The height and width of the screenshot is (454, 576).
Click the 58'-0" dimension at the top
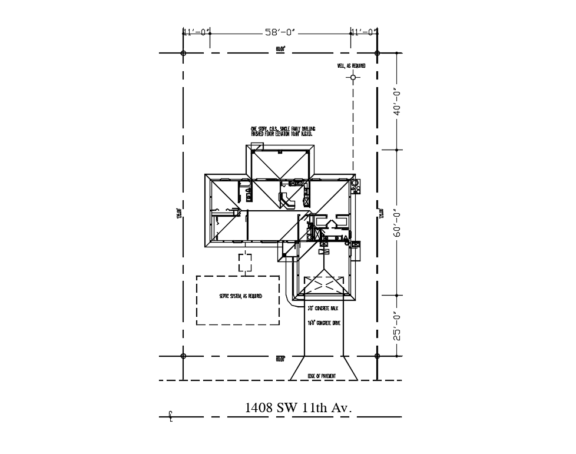click(280, 32)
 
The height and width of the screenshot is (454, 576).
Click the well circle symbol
click(353, 77)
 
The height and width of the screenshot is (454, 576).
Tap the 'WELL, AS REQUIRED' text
click(351, 66)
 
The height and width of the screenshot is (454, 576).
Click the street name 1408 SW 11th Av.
click(298, 407)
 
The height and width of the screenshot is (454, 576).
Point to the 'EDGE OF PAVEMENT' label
click(322, 376)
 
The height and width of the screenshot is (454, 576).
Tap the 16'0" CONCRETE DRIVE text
click(323, 323)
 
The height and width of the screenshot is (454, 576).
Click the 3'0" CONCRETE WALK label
click(323, 308)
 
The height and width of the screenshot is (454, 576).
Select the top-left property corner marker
click(183, 53)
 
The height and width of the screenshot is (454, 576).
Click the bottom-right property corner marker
click(377, 356)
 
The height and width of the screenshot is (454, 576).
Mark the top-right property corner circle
click(377, 53)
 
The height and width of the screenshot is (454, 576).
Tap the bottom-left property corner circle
click(183, 356)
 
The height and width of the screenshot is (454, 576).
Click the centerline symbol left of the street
click(170, 416)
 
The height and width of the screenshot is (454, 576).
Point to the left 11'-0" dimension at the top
click(196, 32)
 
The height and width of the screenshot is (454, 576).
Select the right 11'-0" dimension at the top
click(364, 32)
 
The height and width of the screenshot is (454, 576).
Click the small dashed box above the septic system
click(245, 263)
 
